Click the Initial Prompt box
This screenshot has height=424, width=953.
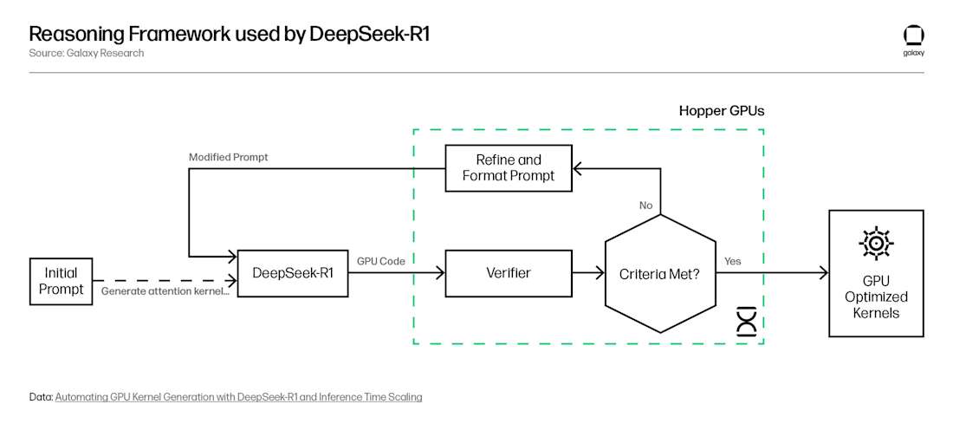[x=61, y=281]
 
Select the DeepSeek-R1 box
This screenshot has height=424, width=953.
[x=293, y=273]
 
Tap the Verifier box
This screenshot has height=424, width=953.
[x=509, y=272]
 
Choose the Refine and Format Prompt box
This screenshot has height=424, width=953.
[x=509, y=168]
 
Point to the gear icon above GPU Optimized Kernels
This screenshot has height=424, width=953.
[x=876, y=245]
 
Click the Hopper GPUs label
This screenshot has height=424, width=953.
[x=721, y=111]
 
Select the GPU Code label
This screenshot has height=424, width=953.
[x=381, y=260]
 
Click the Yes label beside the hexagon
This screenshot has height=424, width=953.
[x=732, y=261]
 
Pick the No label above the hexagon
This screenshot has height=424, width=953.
[x=645, y=205]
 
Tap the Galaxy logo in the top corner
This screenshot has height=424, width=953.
[x=913, y=36]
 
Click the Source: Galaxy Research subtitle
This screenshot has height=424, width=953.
[x=87, y=53]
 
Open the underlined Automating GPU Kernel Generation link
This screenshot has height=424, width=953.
[x=238, y=397]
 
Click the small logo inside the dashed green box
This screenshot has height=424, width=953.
[x=745, y=321]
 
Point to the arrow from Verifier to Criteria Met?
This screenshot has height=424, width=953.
[x=589, y=273]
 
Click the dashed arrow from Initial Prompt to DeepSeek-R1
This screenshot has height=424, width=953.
[x=165, y=280]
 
